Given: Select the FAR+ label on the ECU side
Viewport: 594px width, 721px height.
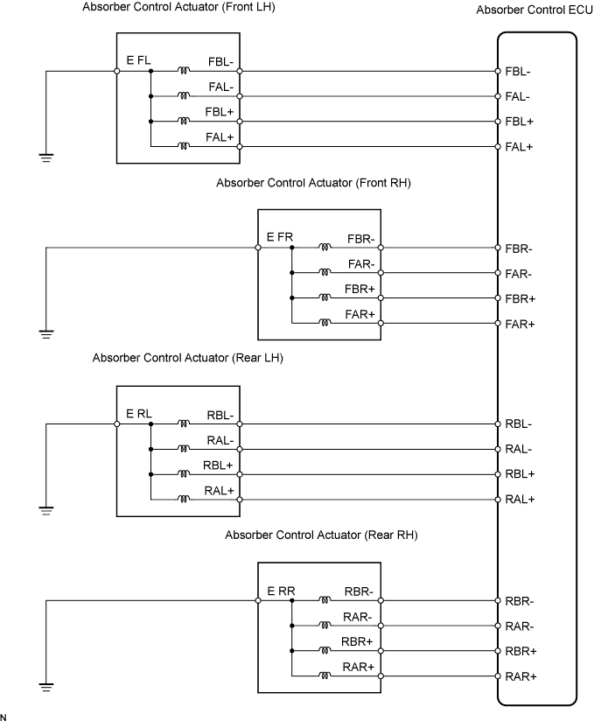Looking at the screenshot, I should pyautogui.click(x=520, y=324).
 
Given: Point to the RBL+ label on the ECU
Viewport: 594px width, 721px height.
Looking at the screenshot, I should pyautogui.click(x=520, y=474).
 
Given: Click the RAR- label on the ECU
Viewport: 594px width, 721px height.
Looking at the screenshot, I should pyautogui.click(x=520, y=626).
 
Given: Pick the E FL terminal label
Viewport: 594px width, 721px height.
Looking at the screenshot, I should pyautogui.click(x=139, y=60).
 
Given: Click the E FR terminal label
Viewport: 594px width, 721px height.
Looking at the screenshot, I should pyautogui.click(x=279, y=237).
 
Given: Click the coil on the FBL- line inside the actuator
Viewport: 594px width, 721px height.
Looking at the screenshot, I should pyautogui.click(x=184, y=71).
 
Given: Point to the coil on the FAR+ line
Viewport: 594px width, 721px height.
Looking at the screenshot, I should pyautogui.click(x=325, y=324).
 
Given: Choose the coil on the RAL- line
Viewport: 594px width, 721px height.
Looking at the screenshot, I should pyautogui.click(x=184, y=449).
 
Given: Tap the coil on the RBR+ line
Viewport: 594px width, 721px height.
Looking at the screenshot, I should pyautogui.click(x=325, y=651).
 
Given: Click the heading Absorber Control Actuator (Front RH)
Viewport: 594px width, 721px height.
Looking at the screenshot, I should pyautogui.click(x=313, y=183).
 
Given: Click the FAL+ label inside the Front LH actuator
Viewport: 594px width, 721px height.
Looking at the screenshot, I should pyautogui.click(x=221, y=137).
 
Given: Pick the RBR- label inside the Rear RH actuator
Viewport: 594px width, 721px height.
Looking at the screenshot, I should pyautogui.click(x=359, y=591).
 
